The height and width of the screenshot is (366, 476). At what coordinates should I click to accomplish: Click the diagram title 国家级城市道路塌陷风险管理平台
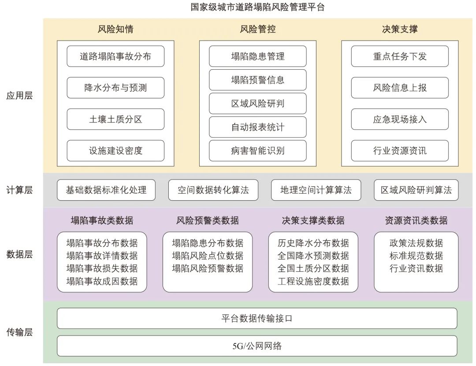[258, 7]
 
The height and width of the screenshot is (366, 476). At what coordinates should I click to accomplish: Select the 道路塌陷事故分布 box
[115, 56]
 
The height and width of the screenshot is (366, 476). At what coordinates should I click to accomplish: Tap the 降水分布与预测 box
[115, 88]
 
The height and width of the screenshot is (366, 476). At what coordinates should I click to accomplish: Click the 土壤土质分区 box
[115, 119]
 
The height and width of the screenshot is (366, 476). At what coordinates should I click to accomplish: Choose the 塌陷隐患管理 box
[258, 56]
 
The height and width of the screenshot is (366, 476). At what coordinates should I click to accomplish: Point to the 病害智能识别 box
[258, 151]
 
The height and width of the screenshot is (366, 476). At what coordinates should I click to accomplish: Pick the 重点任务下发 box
[400, 56]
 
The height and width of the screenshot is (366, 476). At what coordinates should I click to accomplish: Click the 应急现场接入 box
[400, 119]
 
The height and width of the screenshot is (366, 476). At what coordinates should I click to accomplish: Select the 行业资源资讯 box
[400, 151]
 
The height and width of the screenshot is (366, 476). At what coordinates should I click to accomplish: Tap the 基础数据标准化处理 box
[106, 190]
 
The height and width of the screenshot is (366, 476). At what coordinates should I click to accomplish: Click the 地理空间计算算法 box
[316, 190]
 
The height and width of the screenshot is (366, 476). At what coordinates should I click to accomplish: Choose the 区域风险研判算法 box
[416, 190]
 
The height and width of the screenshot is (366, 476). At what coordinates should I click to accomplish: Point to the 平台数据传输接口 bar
[257, 318]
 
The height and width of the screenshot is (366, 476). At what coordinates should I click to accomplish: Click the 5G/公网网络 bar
[257, 346]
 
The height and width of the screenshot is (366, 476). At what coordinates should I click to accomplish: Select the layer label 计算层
[19, 190]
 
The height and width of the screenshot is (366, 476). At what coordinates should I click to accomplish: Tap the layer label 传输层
[19, 332]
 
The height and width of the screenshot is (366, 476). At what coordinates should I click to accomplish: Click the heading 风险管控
[258, 30]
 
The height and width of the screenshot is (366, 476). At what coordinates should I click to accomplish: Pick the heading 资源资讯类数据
[416, 220]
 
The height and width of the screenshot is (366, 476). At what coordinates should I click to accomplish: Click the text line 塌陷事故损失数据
[102, 269]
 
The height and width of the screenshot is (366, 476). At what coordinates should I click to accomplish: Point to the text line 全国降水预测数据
[313, 256]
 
